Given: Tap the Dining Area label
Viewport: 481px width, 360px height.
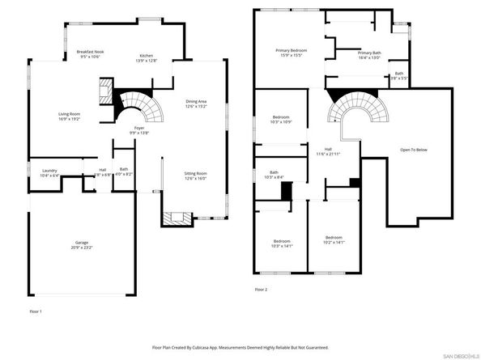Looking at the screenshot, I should point(196,101).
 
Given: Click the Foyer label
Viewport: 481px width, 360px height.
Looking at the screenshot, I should point(139,128).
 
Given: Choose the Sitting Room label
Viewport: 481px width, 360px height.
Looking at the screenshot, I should point(196,174).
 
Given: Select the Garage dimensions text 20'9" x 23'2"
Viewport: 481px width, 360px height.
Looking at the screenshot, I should point(82,247).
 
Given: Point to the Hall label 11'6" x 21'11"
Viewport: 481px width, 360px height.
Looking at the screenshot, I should point(329,150).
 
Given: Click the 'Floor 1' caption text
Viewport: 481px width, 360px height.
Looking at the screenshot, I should point(35,311).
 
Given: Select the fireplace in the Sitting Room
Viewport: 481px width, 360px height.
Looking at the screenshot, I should point(177,218).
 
